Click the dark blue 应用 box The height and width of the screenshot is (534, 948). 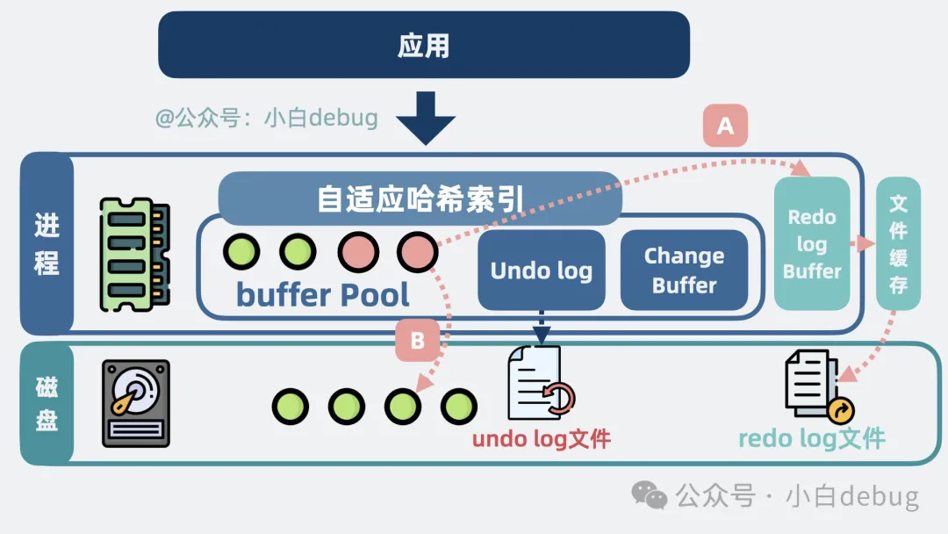423,45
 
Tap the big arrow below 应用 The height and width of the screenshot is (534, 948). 423,118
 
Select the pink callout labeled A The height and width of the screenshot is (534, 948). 725,126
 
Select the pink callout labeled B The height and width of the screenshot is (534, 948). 418,341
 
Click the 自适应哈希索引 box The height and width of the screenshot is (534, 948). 420,198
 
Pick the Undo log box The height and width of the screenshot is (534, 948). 541,271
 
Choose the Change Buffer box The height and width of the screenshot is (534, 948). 684,271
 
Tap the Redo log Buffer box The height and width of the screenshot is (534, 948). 812,243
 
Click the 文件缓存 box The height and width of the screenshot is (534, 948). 898,243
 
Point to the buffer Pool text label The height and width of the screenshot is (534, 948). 323,295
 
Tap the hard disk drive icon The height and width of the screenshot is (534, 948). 136,403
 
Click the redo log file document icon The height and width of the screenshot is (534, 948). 817,386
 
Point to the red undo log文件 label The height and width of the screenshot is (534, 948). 541,438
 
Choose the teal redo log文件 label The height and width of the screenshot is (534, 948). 811,438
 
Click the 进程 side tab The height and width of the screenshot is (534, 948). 47,243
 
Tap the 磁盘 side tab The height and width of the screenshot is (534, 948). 47,403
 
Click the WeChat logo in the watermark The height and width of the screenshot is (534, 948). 650,495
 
